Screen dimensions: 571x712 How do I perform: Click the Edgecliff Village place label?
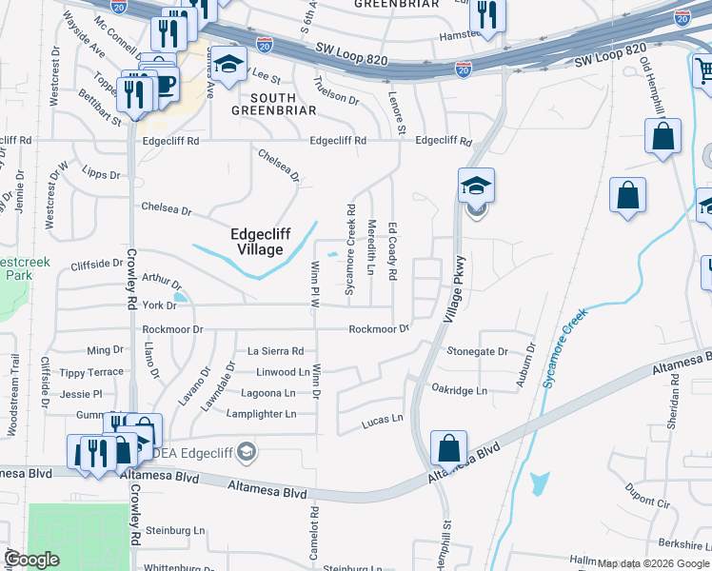coord(256,242)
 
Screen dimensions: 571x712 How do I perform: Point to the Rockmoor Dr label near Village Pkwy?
coord(378,329)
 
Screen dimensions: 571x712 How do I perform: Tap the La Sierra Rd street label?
coord(275,351)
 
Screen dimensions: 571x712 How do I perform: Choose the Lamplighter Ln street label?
coord(262,414)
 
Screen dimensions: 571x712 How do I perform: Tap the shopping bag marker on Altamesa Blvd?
coord(448,446)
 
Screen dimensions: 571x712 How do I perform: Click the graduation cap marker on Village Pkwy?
coord(477,186)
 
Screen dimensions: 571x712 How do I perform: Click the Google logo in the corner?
coord(31,560)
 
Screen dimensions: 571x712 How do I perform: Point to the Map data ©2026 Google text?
coord(653,564)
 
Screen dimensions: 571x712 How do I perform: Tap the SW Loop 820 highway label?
coord(610,55)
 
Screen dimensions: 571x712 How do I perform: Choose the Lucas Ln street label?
coord(384,419)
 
